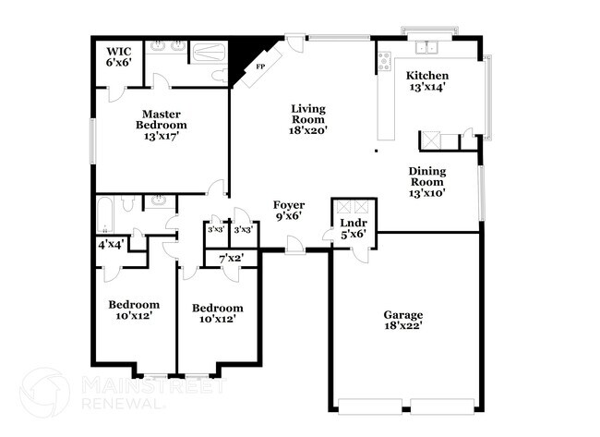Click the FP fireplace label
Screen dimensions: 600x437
[260, 67]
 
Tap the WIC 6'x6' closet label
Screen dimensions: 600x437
[119, 56]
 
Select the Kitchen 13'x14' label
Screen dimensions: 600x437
[427, 81]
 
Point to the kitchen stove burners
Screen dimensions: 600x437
[384, 61]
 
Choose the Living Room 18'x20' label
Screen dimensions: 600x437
[308, 119]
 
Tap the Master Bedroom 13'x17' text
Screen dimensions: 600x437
[162, 125]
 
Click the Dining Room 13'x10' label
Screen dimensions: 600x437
[427, 182]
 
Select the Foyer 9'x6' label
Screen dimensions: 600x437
[289, 211]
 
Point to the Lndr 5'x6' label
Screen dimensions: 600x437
[354, 228]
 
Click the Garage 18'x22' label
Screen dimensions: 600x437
[403, 321]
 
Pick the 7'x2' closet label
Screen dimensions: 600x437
[231, 258]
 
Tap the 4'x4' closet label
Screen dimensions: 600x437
[110, 244]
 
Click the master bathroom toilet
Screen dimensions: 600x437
[220, 76]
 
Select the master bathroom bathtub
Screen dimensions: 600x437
[209, 53]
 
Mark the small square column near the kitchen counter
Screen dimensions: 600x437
[376, 151]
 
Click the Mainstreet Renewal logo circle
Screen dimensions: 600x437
[45, 392]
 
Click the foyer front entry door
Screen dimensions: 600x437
[295, 244]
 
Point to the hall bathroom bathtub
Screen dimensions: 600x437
[104, 214]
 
